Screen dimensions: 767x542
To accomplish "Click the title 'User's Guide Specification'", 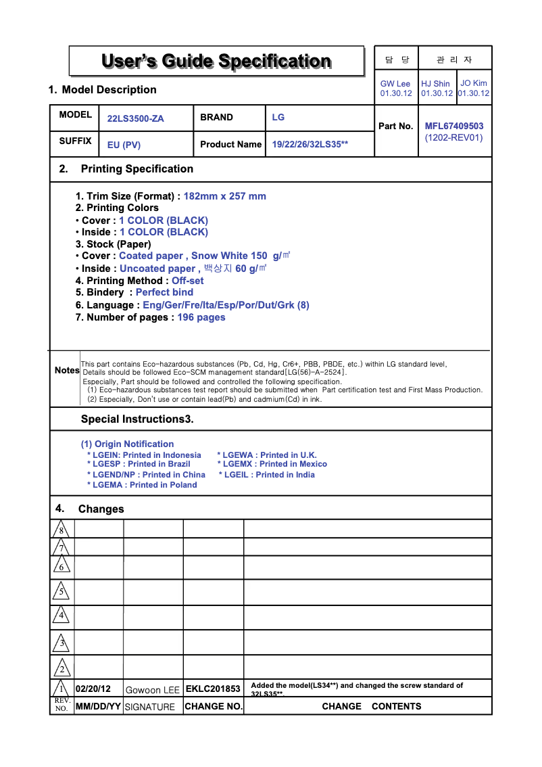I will coord(216,62).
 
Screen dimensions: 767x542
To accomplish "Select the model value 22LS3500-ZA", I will coord(135,118).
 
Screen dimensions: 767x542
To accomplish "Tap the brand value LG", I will coord(278,117).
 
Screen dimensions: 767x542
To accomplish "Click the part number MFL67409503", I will coord(454,126).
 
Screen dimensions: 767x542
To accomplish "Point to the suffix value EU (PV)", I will coord(124,145).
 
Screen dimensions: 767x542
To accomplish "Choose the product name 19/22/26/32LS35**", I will coord(310,144).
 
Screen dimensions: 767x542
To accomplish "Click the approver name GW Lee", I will coord(395,84).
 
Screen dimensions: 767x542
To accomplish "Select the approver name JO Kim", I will coord(474,83).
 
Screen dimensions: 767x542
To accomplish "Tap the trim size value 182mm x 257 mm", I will coord(225,196).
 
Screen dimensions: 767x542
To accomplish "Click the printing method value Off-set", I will coord(187,281).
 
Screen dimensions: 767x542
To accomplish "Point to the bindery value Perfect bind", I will coord(164,292).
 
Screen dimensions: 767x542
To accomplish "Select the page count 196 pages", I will coord(201,317).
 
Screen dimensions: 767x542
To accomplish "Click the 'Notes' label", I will coord(67,371).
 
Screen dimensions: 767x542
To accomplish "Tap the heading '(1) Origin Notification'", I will coord(127,444).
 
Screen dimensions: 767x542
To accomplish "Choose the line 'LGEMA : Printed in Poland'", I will coord(142,485).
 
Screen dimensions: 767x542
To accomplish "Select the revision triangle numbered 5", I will coord(61,592).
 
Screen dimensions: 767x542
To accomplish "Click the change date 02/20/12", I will coord(93,689).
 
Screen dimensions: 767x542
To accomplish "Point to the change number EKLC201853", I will coord(213,689).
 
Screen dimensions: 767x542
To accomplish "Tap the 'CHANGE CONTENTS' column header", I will coord(371,706).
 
